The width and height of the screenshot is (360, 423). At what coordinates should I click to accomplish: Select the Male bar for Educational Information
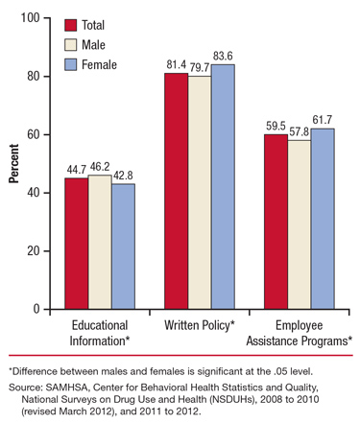[99, 242]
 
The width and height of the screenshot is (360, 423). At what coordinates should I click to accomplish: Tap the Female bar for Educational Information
[123, 247]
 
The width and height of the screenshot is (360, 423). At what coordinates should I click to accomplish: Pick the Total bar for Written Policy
[176, 191]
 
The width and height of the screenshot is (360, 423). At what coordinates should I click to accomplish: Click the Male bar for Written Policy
[200, 193]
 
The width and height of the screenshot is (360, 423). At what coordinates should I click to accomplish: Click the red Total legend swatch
[71, 25]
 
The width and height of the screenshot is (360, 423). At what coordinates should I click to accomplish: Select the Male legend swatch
[71, 44]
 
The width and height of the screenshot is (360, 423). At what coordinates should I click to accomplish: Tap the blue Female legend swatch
[71, 64]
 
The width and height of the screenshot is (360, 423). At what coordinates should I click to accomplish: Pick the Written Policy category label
[200, 323]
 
